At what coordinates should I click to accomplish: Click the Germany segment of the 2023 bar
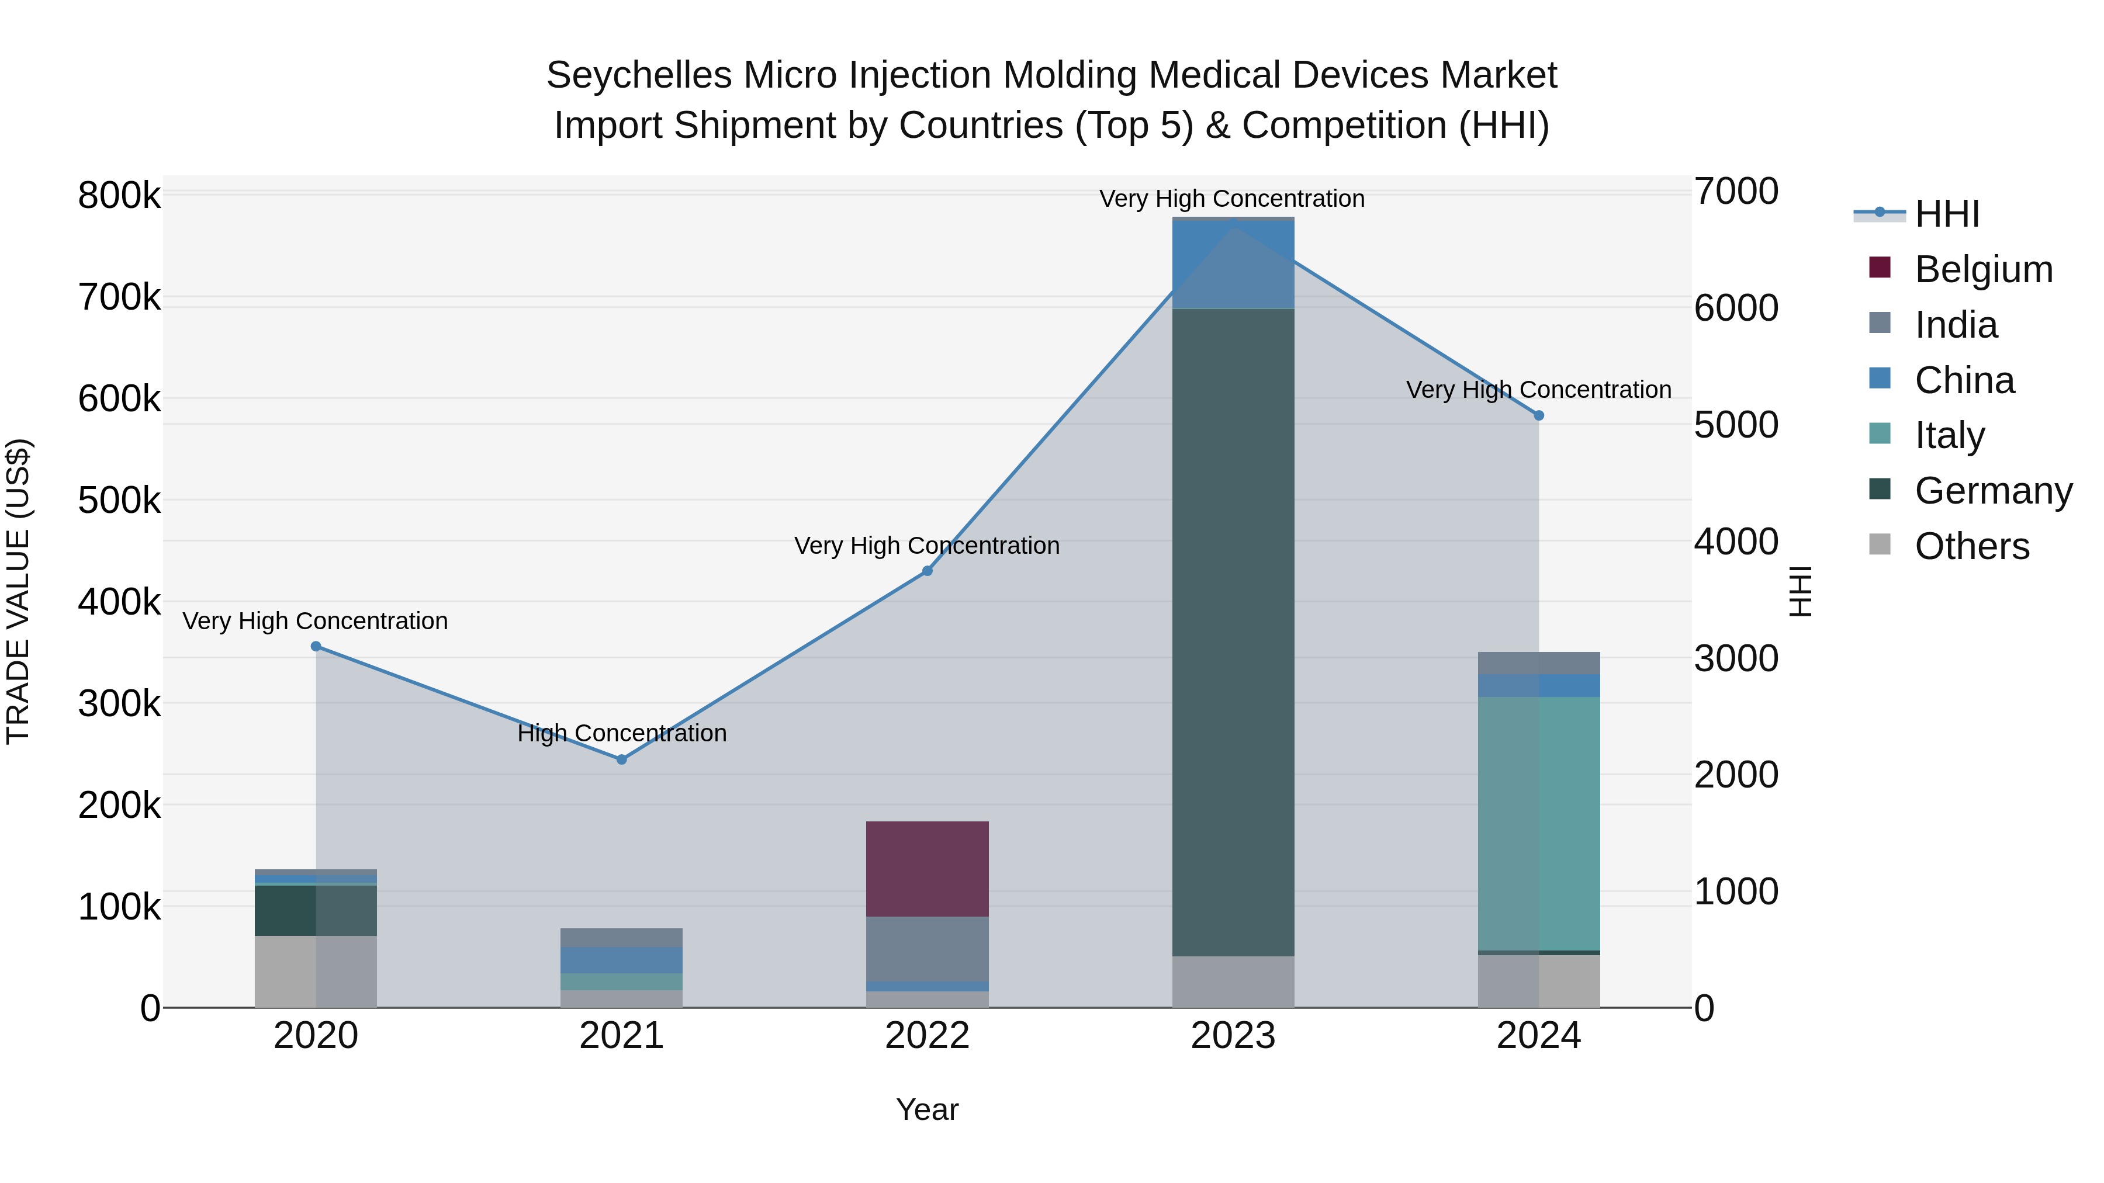(1233, 633)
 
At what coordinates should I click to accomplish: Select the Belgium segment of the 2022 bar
(927, 869)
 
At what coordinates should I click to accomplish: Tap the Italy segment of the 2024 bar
(1539, 823)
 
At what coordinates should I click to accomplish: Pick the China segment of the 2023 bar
(1233, 263)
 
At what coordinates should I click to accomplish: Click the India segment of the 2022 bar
(927, 948)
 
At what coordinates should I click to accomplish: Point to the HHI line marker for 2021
(622, 759)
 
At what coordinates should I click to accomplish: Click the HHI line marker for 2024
(1539, 415)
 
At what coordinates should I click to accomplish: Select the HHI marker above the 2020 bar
(316, 647)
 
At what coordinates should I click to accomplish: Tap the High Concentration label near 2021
(622, 733)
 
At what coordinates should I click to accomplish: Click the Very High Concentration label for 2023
(1231, 199)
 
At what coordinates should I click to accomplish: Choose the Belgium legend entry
(1983, 269)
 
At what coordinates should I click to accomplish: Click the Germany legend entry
(1993, 491)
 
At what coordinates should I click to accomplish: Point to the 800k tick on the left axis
(119, 196)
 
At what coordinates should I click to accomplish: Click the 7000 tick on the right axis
(1736, 191)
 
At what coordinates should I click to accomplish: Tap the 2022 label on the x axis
(927, 1036)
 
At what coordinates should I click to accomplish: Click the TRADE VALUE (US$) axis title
(18, 591)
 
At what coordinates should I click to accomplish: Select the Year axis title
(927, 1109)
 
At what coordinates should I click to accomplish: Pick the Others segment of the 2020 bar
(316, 971)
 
